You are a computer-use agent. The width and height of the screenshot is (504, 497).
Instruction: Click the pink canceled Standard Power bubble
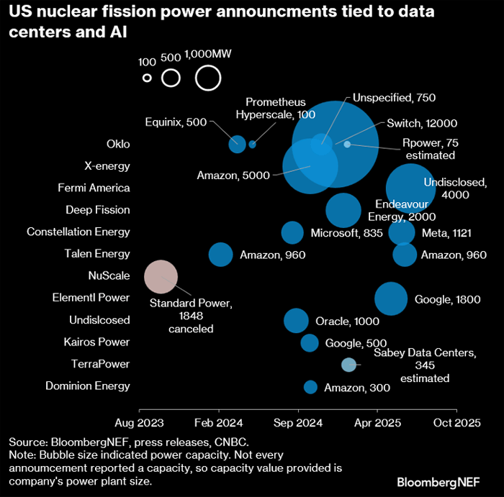161,276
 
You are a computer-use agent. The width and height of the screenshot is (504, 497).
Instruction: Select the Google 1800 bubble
391,298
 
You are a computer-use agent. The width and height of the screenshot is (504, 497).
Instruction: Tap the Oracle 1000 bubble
296,320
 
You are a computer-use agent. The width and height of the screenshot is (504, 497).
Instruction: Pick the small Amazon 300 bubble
310,387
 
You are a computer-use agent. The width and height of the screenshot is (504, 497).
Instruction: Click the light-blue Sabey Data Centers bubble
348,365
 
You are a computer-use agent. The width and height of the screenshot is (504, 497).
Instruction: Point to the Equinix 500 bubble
237,144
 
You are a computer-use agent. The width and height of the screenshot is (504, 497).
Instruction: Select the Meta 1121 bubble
402,232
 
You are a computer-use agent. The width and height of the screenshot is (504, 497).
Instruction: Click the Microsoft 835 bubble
292,232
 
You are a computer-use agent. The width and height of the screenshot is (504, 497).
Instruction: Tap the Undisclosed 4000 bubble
410,188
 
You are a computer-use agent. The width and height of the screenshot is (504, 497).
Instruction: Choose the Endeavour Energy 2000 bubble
343,210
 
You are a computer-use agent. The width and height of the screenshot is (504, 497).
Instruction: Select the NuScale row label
109,275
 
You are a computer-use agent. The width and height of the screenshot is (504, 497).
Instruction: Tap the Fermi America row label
94,188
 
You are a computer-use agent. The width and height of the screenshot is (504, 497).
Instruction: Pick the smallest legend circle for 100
147,78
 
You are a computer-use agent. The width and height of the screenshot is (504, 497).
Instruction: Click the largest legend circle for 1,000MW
207,78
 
